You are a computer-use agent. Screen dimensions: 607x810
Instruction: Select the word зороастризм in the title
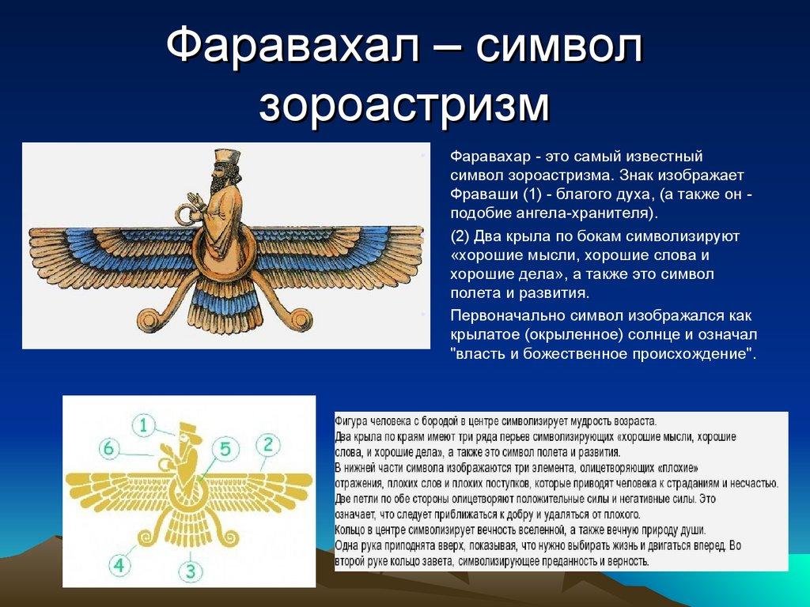pos(404,104)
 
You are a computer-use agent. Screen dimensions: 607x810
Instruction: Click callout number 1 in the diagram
pos(143,426)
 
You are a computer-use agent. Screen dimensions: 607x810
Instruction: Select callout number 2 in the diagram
pos(267,444)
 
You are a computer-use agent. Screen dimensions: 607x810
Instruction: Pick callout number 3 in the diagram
pos(190,569)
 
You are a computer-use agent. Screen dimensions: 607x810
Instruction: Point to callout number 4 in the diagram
pos(119,565)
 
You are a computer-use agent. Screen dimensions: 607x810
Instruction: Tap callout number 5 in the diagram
pos(225,450)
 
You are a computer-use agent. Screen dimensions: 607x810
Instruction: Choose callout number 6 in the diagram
pos(109,448)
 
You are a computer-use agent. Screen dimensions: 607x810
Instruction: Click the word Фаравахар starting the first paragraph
pos(486,156)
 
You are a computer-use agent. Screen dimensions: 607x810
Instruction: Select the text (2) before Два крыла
pos(462,236)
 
